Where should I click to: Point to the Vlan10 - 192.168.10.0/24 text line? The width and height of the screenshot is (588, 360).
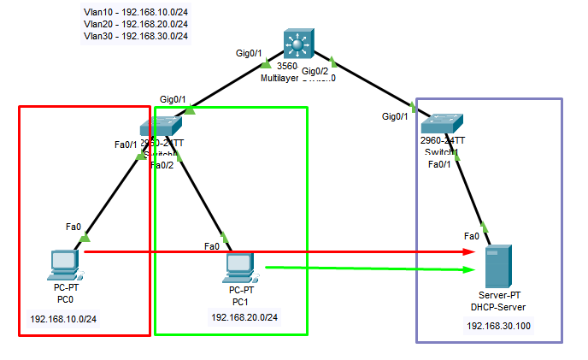136,13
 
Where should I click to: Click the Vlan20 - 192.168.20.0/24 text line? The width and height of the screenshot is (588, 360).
136,25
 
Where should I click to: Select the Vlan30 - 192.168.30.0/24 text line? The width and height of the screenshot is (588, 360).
136,36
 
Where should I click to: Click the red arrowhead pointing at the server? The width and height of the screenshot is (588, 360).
470,251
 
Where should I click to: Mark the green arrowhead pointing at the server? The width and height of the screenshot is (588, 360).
470,269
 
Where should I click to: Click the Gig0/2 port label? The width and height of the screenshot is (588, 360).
315,71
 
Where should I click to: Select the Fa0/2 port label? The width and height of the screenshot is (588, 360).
162,165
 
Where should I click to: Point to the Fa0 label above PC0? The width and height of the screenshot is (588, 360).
73,227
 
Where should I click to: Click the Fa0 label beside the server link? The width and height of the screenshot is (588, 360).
471,236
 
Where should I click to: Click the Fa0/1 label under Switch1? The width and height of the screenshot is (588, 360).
438,164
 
